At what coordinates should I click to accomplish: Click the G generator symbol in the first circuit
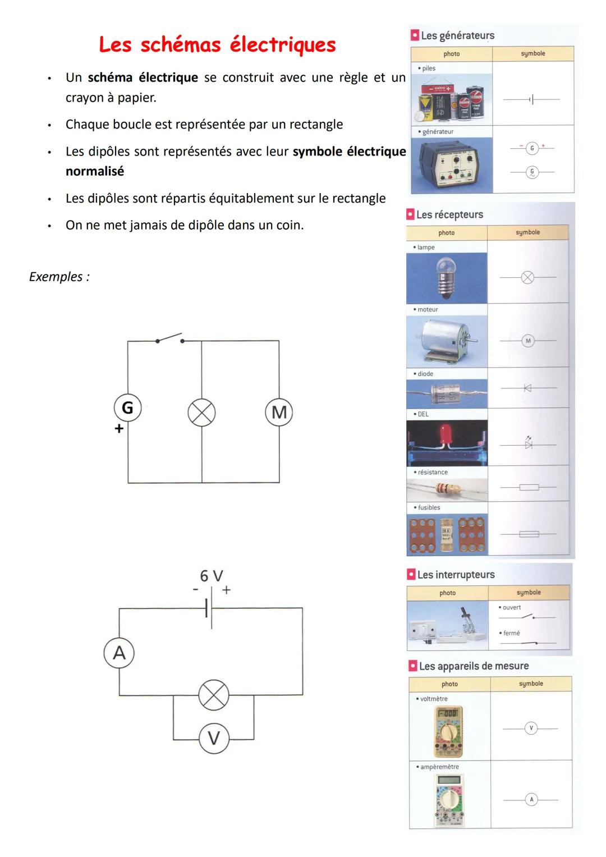[127, 407]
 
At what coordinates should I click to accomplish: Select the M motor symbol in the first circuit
[279, 413]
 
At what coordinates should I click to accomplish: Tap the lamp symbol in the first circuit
[201, 413]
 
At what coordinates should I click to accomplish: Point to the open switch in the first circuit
[169, 338]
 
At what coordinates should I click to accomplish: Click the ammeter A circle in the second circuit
[119, 653]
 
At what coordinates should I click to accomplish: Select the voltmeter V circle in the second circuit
[214, 738]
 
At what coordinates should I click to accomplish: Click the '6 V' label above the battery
[212, 576]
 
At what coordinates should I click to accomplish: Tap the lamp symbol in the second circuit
[214, 696]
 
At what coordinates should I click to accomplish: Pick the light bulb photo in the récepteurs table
[446, 278]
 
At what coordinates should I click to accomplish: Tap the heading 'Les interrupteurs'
[456, 575]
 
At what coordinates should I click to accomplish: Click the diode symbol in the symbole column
[527, 388]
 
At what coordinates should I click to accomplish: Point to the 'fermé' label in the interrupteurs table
[511, 633]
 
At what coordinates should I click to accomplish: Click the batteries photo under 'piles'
[452, 99]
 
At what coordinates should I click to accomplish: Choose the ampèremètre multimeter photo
[449, 800]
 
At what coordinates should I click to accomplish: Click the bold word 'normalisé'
[95, 171]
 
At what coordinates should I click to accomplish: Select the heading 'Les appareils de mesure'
[474, 666]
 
